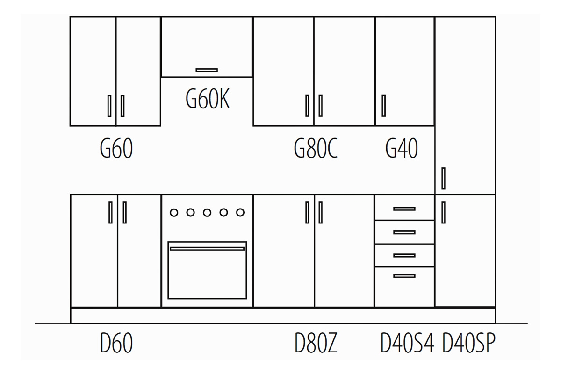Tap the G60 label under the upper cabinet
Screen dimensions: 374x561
116,149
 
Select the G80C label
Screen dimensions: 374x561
316,149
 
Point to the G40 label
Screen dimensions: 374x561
402,149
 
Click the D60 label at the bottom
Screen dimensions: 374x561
116,343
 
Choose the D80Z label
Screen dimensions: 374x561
316,343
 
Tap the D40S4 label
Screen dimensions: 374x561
407,343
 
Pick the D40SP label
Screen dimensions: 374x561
468,343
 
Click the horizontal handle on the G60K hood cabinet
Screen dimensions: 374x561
207,70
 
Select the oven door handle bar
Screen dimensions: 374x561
207,248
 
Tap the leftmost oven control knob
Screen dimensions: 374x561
174,213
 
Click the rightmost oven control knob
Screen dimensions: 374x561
240,213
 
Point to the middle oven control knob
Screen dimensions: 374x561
207,213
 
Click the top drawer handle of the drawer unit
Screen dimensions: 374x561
404,209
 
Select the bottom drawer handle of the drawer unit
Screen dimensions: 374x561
404,276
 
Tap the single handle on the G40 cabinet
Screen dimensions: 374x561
384,106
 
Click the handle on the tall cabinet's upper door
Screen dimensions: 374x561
443,178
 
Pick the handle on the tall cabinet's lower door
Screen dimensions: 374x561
443,212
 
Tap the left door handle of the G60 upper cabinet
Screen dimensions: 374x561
109,106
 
